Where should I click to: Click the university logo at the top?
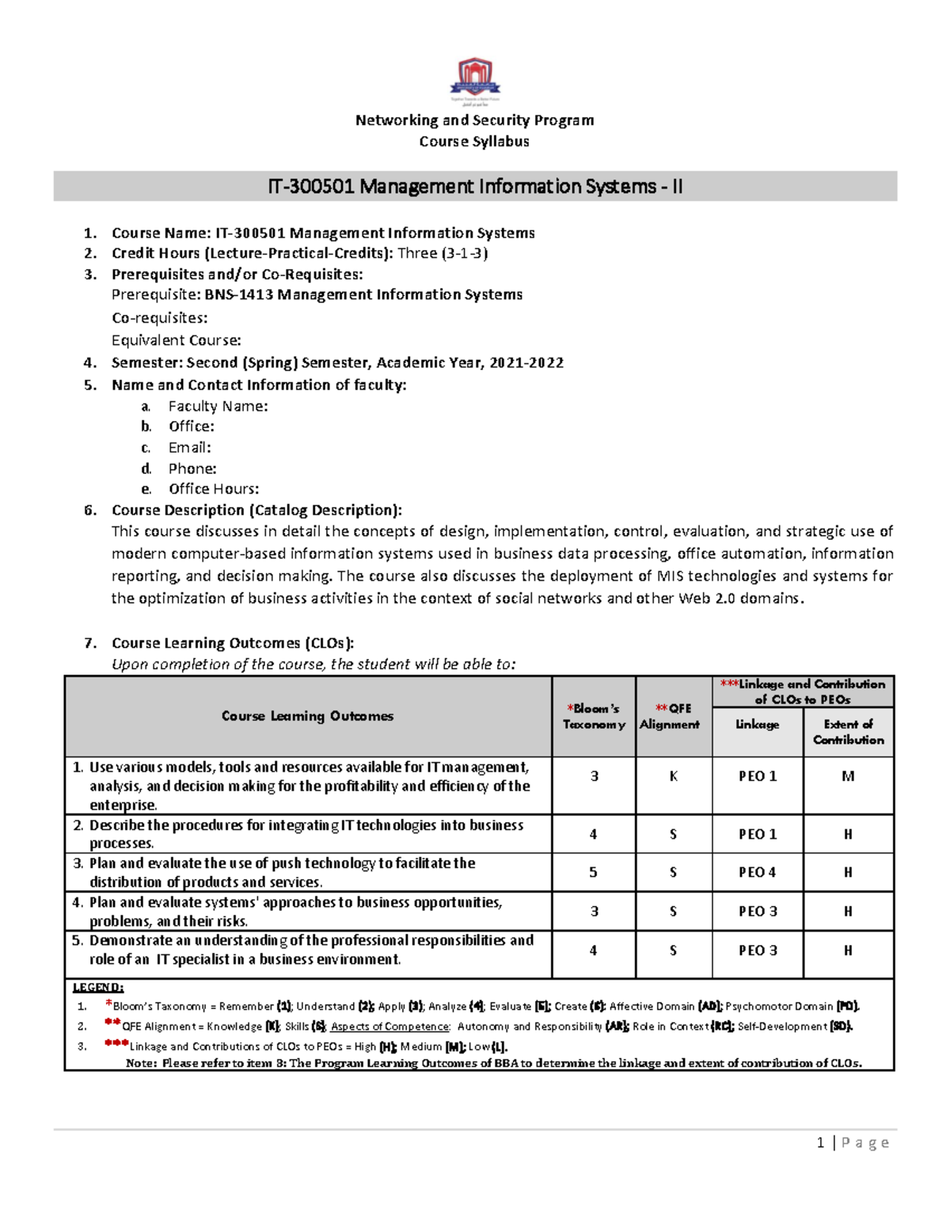[475, 79]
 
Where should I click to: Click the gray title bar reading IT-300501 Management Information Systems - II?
[475, 187]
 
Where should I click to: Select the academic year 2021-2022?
[526, 362]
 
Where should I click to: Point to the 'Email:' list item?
[189, 447]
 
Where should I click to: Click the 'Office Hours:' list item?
[213, 489]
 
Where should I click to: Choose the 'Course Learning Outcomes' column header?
[307, 716]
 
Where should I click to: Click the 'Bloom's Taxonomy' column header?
[594, 716]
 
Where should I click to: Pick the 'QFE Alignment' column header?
[670, 716]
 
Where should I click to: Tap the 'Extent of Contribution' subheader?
[848, 732]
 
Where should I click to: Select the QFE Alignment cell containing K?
[673, 776]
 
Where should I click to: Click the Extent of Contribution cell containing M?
[848, 776]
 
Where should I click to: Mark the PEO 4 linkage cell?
[757, 872]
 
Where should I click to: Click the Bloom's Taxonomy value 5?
[593, 872]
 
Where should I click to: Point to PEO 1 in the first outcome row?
[757, 776]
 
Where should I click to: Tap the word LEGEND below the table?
[98, 987]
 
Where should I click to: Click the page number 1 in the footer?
[820, 1143]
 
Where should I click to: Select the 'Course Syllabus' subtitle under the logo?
[474, 142]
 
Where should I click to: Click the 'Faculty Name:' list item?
[218, 406]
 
